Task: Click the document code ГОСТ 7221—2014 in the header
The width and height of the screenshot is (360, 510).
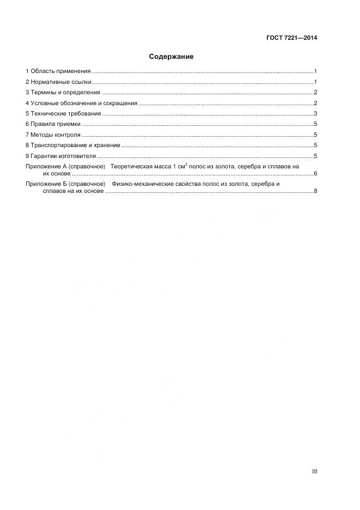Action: click(292, 38)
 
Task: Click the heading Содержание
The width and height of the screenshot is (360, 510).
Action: click(171, 56)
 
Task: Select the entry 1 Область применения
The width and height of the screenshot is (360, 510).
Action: click(58, 71)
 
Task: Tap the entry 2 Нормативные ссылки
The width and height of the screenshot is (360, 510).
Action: click(58, 82)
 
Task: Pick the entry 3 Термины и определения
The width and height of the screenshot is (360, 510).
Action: click(63, 93)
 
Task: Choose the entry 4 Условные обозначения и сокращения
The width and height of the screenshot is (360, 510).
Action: click(81, 103)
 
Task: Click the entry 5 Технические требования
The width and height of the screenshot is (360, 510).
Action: click(63, 113)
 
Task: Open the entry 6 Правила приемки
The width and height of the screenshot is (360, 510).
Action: click(53, 124)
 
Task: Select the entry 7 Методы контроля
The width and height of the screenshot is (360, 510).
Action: click(53, 135)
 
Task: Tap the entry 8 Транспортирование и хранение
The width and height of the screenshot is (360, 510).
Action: click(72, 145)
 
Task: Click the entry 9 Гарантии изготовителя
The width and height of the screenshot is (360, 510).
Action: click(60, 156)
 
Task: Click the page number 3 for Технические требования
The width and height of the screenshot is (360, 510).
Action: click(315, 113)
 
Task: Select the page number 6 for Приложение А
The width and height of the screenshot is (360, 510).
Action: click(315, 173)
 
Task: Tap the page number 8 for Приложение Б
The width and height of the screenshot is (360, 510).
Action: click(315, 191)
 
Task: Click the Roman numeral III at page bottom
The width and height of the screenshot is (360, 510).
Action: click(314, 471)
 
